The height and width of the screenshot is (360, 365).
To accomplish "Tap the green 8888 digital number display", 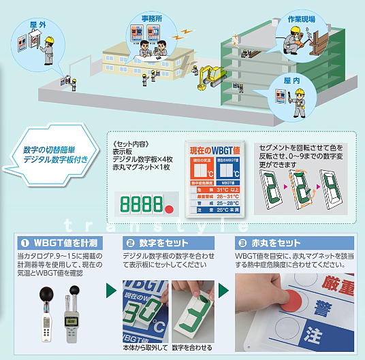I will tap(141, 204).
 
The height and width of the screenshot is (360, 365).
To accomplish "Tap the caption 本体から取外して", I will tap(146, 348).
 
